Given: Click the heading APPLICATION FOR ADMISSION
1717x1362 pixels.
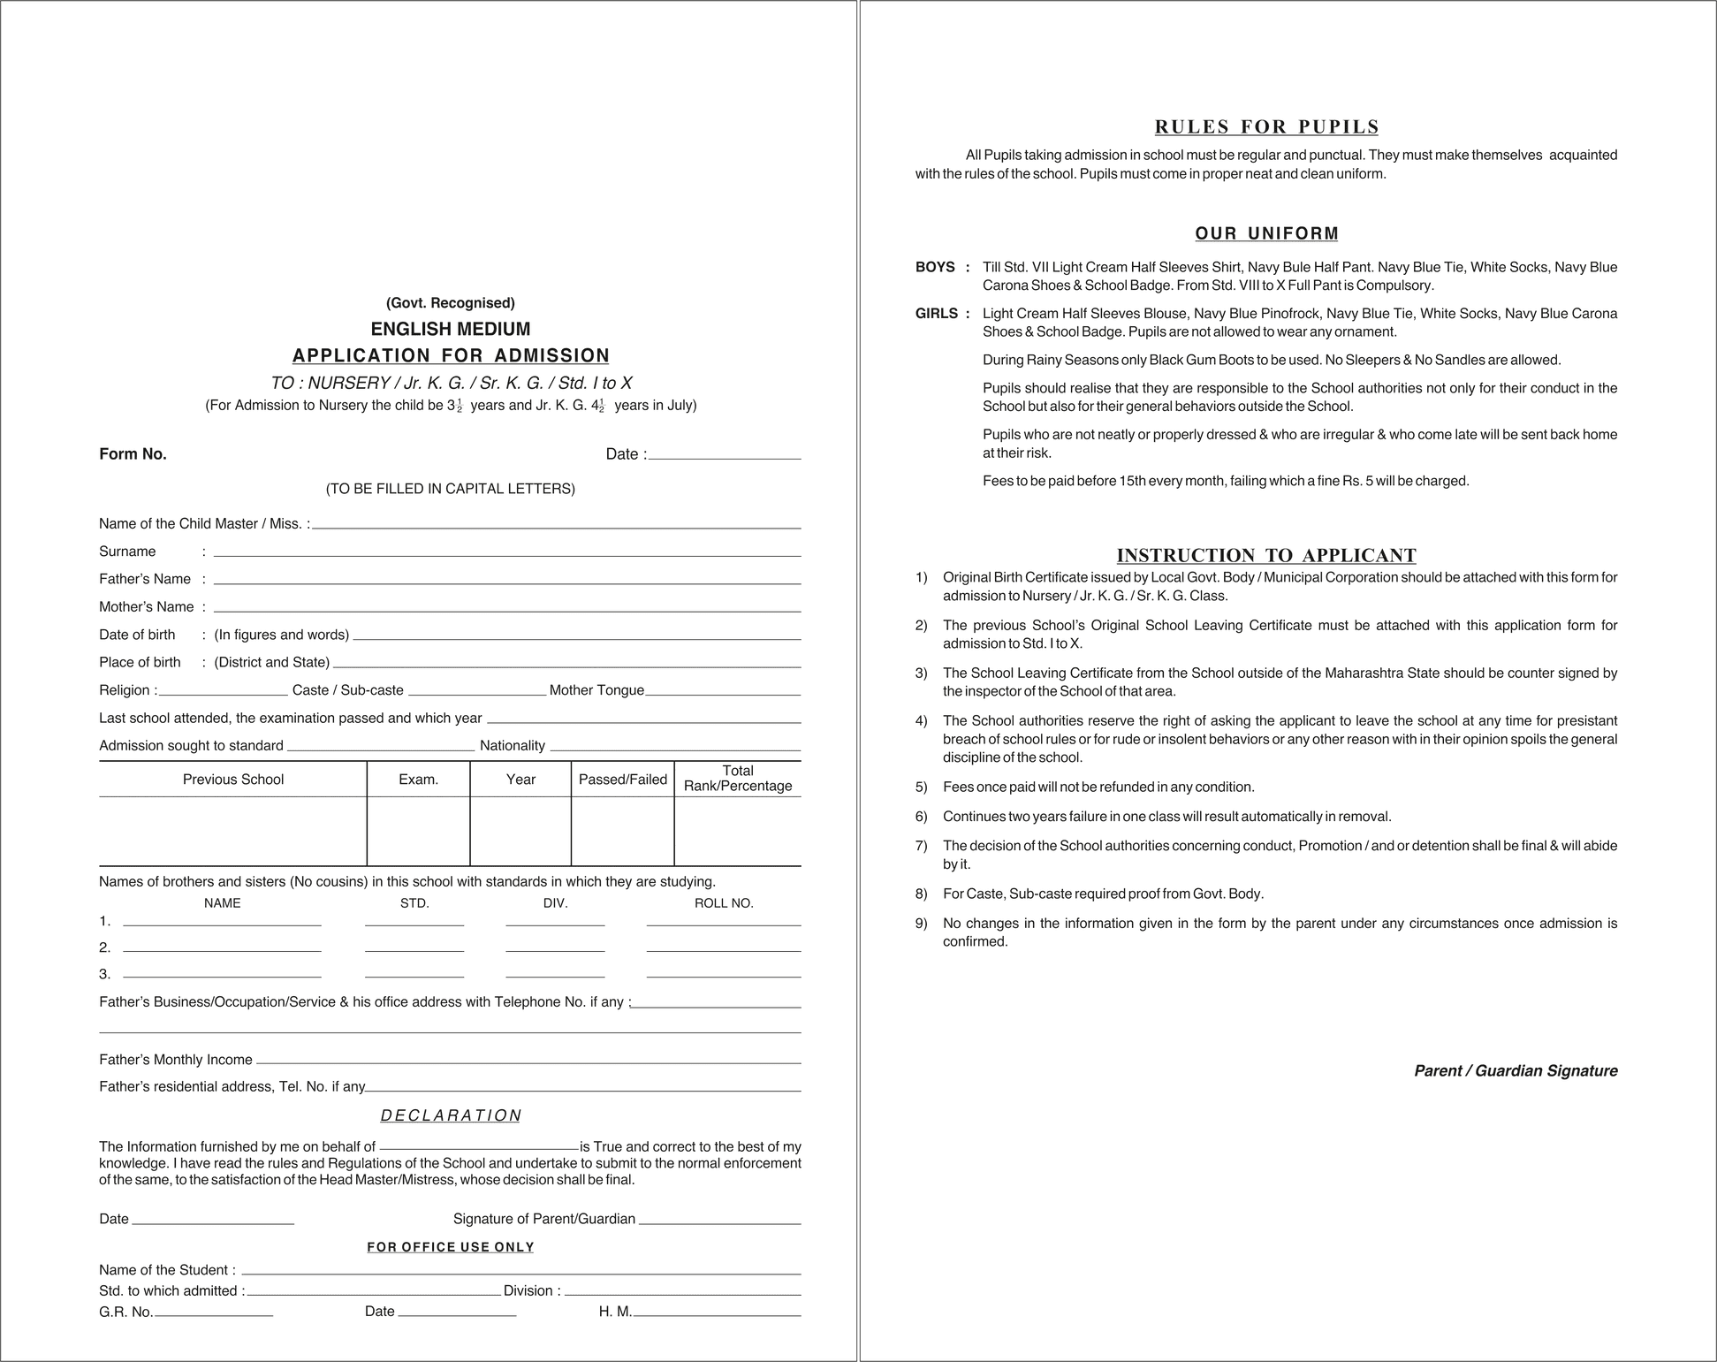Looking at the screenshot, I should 451,355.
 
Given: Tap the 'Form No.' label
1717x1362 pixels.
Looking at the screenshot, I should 133,454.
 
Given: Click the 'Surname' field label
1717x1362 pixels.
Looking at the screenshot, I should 127,552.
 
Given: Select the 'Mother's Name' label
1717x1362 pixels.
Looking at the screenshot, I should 146,607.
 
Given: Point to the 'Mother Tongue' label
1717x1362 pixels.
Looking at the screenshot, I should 596,690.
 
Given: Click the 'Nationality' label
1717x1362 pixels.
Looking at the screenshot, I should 512,746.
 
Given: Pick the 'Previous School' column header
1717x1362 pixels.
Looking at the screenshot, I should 233,780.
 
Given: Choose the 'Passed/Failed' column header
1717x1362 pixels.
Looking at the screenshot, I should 622,780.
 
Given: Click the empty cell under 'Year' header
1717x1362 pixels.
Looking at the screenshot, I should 520,831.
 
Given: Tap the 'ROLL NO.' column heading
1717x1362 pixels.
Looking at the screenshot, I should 724,903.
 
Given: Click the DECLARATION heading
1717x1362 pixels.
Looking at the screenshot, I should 451,1115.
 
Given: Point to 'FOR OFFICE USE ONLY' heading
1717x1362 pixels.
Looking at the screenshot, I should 451,1247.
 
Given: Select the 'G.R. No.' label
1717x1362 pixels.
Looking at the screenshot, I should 126,1312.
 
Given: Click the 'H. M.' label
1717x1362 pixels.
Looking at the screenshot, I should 615,1312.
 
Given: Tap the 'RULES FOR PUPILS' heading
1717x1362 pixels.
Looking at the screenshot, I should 1266,126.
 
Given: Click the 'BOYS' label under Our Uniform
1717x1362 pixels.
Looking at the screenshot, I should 935,267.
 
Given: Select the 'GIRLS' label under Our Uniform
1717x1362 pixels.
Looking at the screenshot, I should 937,314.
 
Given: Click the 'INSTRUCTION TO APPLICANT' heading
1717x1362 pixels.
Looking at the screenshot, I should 1266,555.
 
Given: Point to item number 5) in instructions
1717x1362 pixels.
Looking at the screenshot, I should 922,788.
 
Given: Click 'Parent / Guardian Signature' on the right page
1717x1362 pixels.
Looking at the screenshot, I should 1516,1071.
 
